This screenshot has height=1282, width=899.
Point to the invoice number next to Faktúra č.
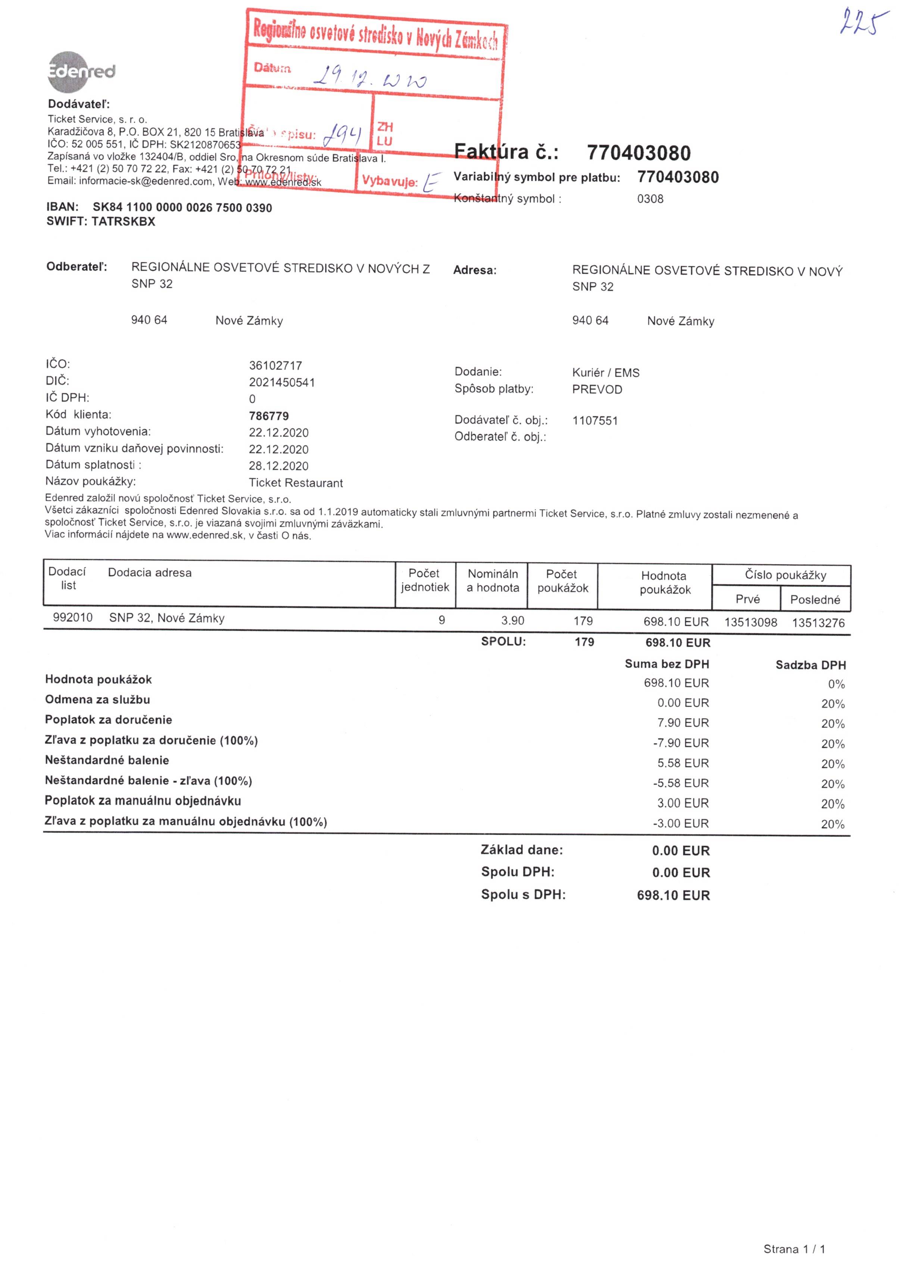638,153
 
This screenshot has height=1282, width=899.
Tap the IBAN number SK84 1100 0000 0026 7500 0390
182,208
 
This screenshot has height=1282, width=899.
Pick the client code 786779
268,416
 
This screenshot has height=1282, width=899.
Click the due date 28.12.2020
278,466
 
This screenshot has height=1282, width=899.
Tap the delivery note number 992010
73,618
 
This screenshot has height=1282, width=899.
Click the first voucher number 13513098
750,622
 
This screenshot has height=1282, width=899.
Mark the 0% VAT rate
836,684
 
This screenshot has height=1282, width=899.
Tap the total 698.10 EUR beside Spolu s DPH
673,896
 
